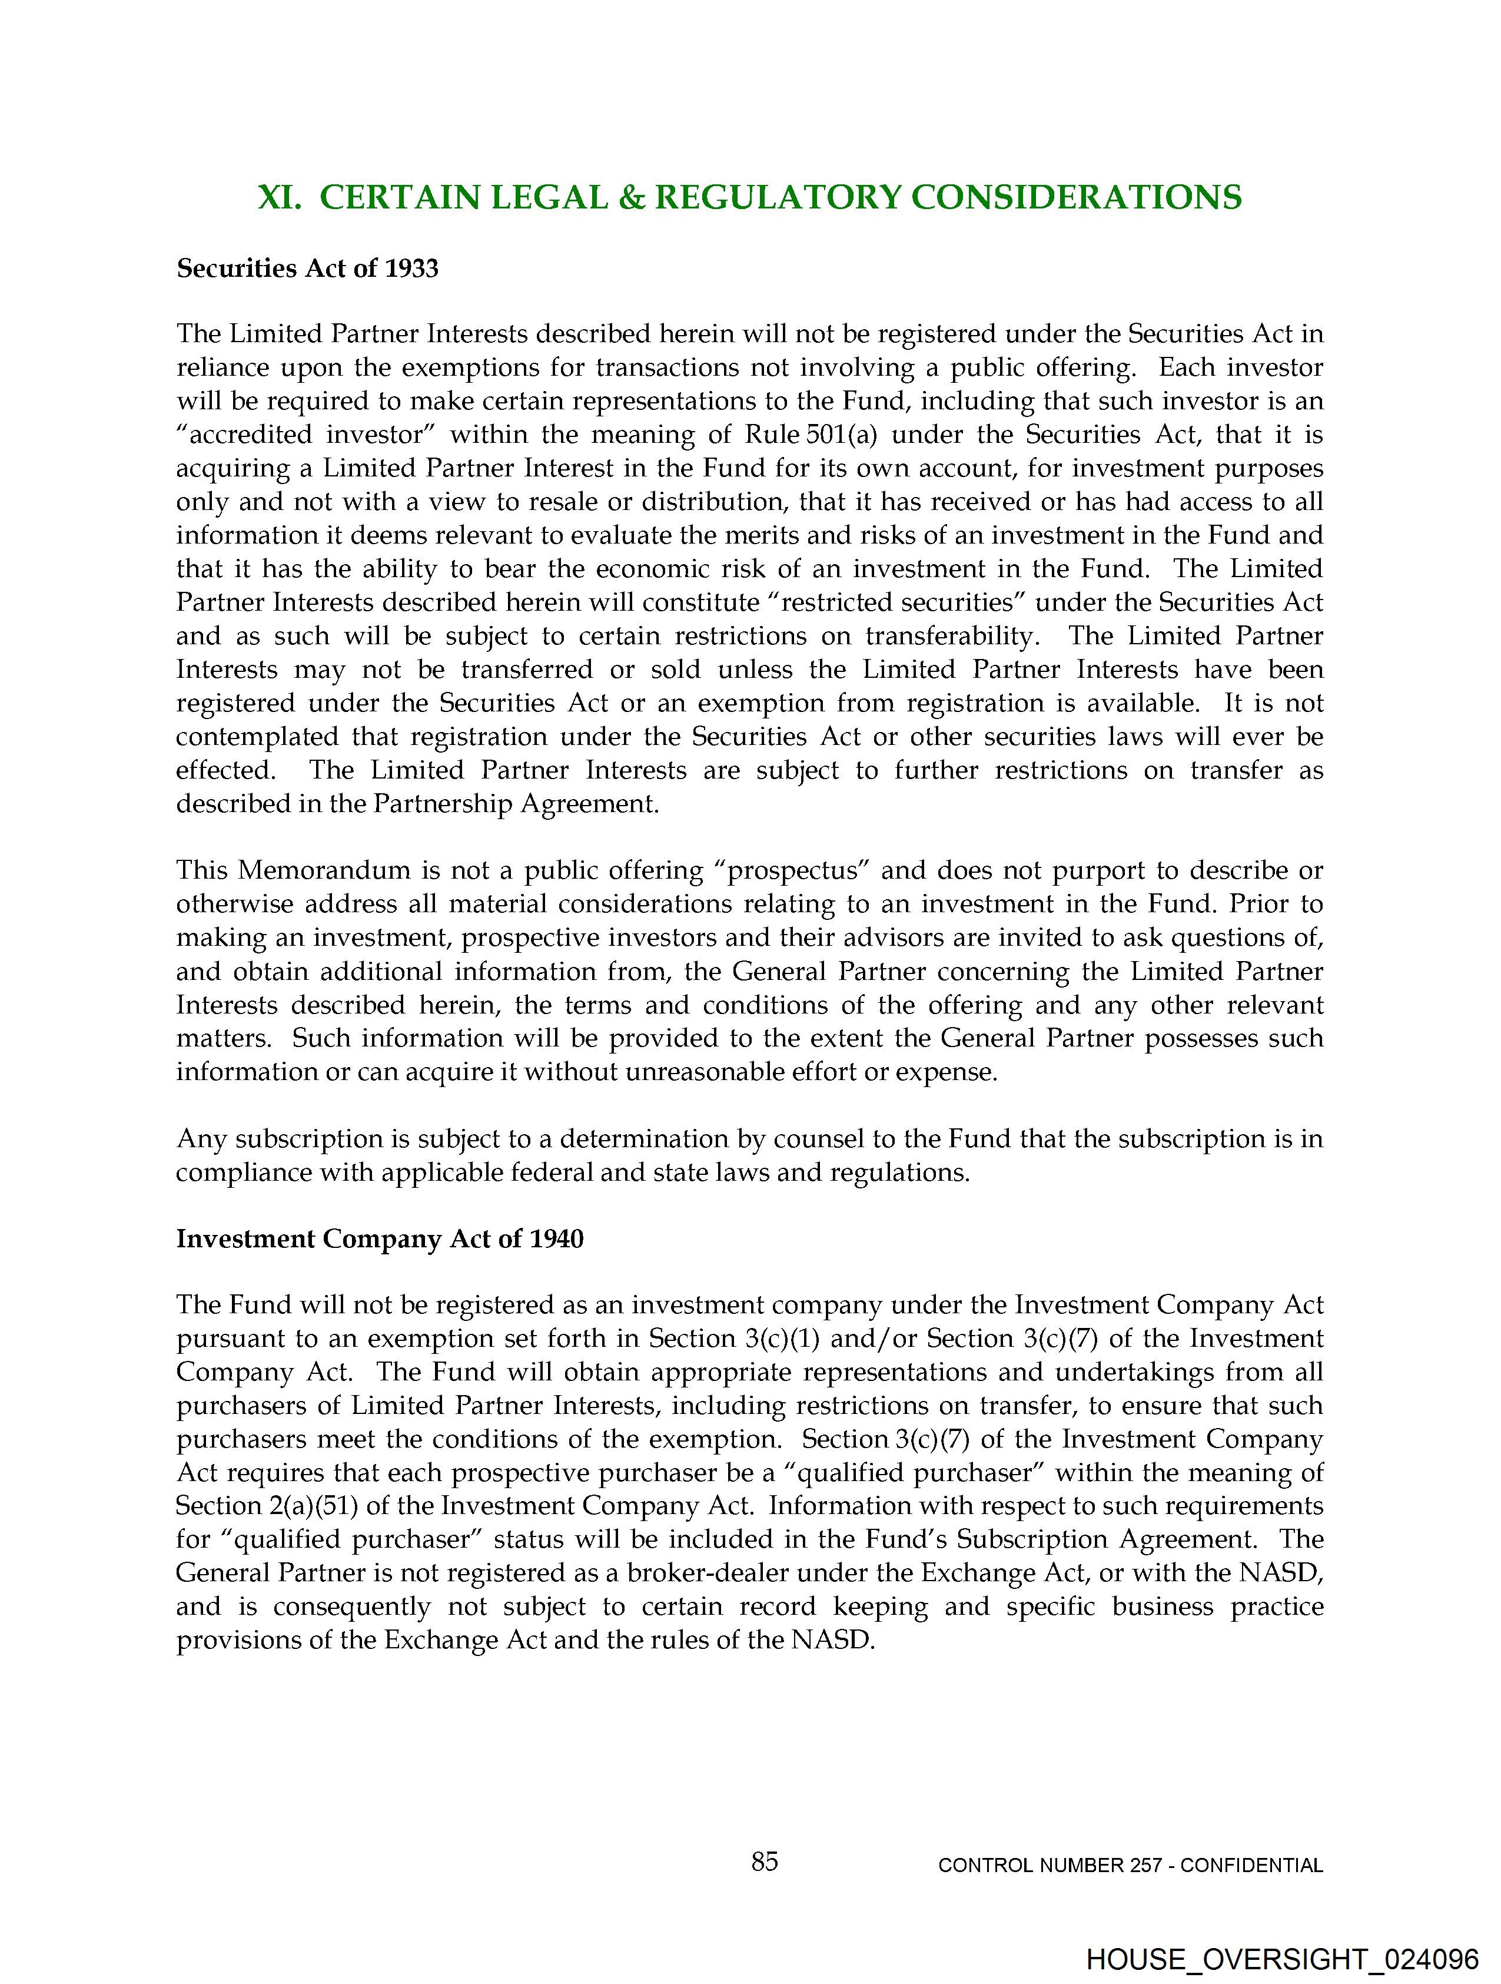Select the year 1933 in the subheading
411,269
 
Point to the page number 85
765,1862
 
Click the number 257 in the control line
1144,1866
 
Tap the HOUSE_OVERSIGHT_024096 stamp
1282,1959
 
